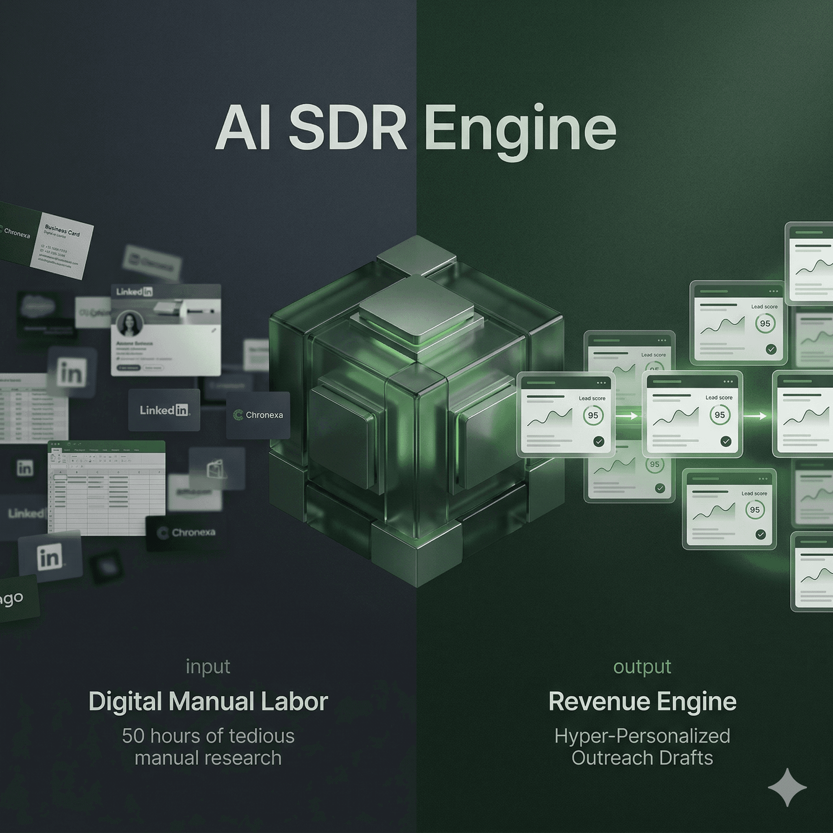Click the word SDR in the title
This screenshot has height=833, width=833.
tap(347, 129)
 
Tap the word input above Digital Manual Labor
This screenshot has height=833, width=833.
tap(208, 667)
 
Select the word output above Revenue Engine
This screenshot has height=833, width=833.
tap(642, 667)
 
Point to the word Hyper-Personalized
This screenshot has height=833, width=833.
tap(642, 736)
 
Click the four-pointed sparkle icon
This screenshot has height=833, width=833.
tap(787, 787)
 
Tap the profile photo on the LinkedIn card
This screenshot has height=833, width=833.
tap(130, 324)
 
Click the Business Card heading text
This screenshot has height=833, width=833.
tap(63, 230)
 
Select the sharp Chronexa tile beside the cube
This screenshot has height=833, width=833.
tap(258, 415)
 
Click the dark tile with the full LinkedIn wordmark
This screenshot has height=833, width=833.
tap(164, 410)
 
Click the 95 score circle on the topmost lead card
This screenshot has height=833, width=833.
tap(765, 323)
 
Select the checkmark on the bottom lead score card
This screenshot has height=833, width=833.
tap(761, 534)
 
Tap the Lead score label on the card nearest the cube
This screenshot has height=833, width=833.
tap(591, 398)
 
